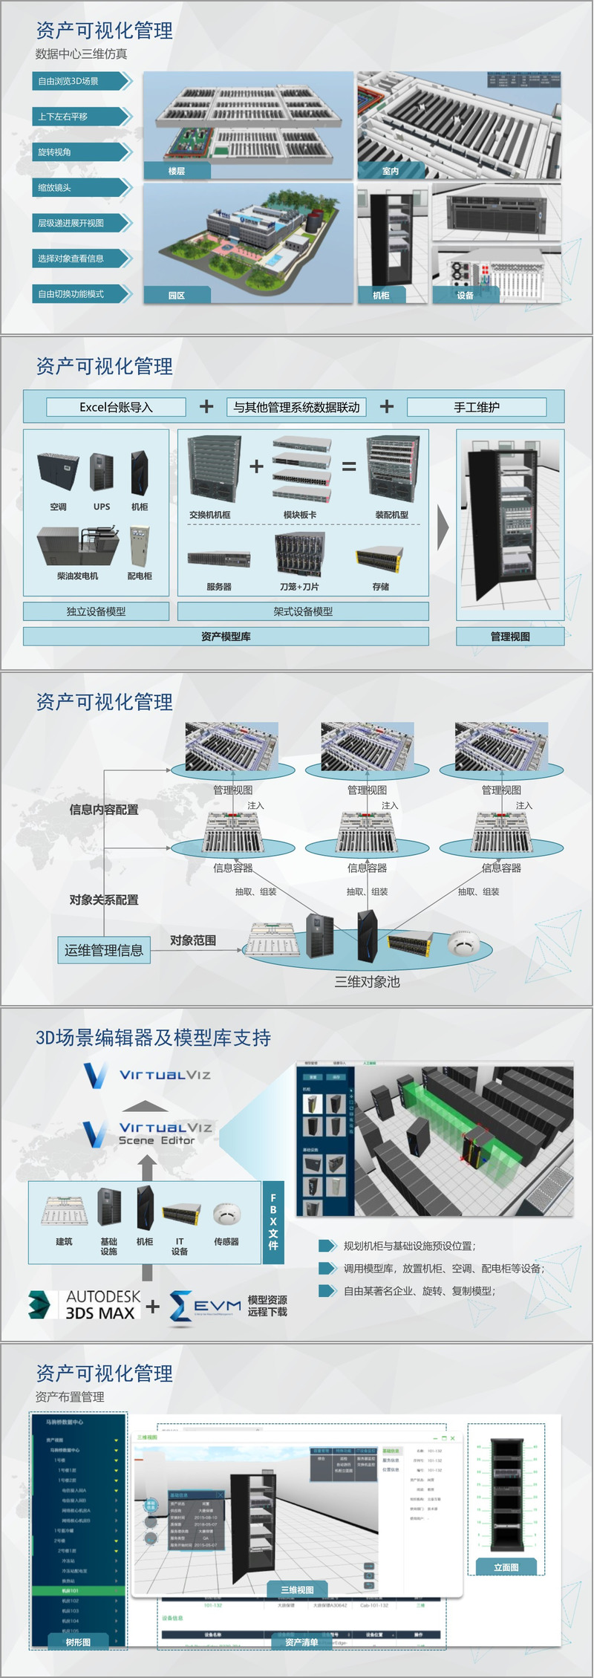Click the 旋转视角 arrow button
(82, 152)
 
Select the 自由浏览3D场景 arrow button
(82, 81)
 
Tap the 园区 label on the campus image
(177, 296)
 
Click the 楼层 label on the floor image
(177, 171)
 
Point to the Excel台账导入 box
(116, 407)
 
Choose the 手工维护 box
(477, 407)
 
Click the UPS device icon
(102, 472)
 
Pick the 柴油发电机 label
(77, 576)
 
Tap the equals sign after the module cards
(349, 467)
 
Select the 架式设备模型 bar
(303, 611)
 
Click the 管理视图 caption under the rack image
(510, 637)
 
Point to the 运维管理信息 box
(104, 950)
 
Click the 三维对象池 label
(367, 982)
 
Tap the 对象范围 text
(193, 940)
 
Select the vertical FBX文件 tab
(273, 1222)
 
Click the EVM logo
(206, 1306)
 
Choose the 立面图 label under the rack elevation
(506, 1567)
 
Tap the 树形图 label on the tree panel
(78, 1642)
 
